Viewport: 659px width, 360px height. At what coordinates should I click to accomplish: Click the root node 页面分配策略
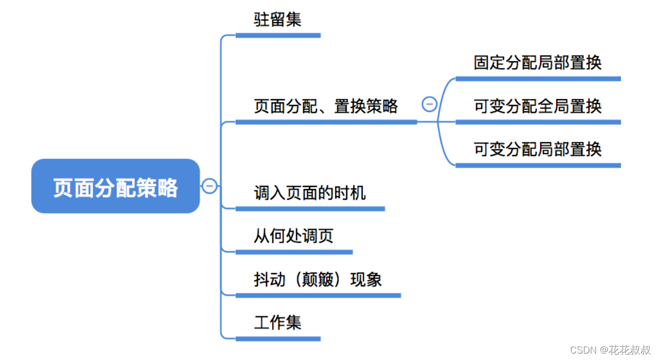tap(116, 187)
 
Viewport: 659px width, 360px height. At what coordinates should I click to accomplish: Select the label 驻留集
tap(278, 20)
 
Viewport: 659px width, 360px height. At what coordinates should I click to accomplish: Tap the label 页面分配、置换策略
tap(326, 107)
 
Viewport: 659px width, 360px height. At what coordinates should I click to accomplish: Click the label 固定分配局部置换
tap(538, 63)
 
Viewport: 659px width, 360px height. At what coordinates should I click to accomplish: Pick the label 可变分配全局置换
tap(538, 107)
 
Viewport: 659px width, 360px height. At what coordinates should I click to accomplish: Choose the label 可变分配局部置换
tap(538, 150)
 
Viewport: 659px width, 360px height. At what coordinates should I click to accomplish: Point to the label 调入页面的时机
tap(310, 193)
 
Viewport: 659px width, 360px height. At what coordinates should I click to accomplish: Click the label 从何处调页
tap(294, 236)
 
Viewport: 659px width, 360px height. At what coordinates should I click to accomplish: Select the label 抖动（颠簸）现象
tap(318, 280)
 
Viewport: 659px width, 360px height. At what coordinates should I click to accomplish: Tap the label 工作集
tap(278, 323)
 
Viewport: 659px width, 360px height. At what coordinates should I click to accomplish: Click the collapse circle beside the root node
tap(210, 186)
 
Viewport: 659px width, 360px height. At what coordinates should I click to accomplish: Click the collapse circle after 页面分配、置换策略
tap(429, 104)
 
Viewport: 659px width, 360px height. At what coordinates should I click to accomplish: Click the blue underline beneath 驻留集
tap(278, 36)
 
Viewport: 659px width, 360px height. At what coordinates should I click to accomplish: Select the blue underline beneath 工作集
tap(278, 339)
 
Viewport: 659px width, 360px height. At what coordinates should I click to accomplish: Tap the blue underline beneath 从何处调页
tap(294, 252)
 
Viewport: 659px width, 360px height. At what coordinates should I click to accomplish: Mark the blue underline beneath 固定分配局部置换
tap(538, 79)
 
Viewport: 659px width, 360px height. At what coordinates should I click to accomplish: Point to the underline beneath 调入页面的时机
tap(310, 209)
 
